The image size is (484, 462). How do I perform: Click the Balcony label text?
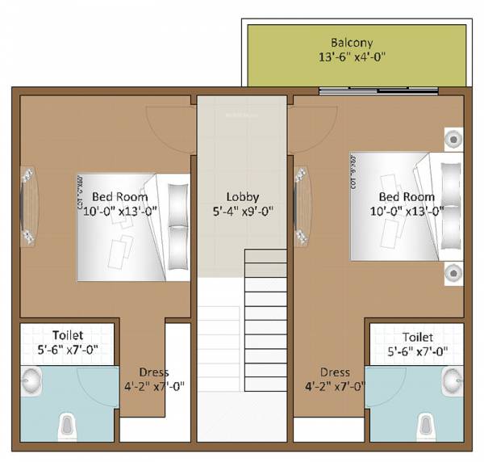point(353,42)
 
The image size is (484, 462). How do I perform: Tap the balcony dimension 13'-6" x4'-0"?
point(353,57)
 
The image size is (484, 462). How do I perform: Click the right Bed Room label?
point(407,196)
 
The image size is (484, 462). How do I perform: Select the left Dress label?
point(153,372)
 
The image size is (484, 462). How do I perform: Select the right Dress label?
point(334,372)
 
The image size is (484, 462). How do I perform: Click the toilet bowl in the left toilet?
point(69,425)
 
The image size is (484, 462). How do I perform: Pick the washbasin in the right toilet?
point(453,377)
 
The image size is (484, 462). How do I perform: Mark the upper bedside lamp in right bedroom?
point(453,139)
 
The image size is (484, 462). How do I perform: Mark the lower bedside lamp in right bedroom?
point(453,274)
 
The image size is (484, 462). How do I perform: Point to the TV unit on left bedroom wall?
point(27,206)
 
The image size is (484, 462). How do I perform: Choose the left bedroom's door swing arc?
point(169,129)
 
